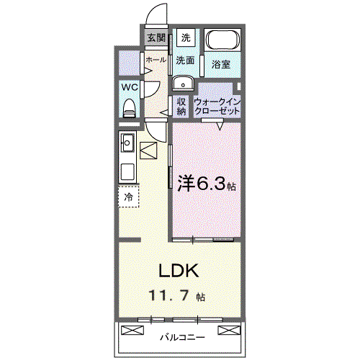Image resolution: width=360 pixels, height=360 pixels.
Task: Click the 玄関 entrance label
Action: pos(156,37)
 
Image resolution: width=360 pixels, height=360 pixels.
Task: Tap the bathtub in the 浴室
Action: pos(223,40)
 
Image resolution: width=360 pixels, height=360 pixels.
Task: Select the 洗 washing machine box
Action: pos(186,37)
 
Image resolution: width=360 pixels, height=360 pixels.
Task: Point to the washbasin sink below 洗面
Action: pos(183,83)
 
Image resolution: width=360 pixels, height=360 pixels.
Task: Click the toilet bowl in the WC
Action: pos(129,108)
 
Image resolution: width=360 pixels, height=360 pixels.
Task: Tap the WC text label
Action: pos(130,87)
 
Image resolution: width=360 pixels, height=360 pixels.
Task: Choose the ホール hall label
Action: pos(156,60)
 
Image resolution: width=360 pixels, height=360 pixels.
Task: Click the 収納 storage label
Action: pos(181,107)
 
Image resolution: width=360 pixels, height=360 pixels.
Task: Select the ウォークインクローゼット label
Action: pos(217,107)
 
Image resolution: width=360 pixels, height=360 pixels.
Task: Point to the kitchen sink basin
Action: pos(127,143)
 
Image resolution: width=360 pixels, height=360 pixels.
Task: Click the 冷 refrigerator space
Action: pos(129,197)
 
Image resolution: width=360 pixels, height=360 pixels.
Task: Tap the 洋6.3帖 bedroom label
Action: pos(207,184)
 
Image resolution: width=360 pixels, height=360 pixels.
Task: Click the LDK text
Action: pos(179,271)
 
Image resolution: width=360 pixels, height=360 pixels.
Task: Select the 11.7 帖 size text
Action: pos(177,296)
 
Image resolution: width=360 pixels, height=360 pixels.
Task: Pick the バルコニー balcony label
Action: pos(182,338)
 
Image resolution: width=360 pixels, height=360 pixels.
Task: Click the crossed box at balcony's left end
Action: pos(132,330)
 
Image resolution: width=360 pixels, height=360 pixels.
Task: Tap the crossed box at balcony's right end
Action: pos(229,330)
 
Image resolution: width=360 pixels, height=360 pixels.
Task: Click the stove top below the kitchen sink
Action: pos(127,171)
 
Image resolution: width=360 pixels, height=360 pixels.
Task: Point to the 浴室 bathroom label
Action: pos(221,64)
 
